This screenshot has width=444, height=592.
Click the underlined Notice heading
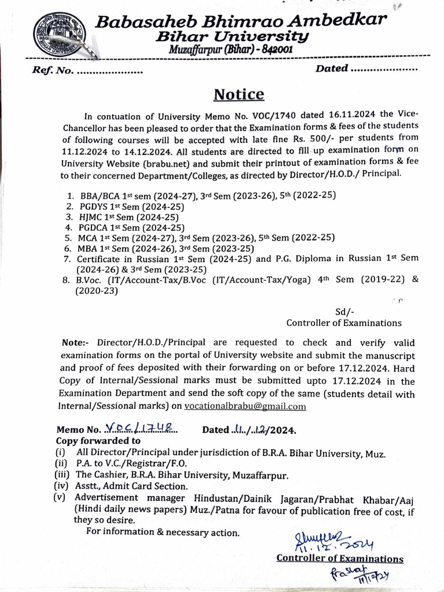point(239,94)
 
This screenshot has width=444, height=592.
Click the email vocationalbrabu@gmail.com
point(245,406)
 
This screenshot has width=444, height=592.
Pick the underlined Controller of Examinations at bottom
point(340,558)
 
